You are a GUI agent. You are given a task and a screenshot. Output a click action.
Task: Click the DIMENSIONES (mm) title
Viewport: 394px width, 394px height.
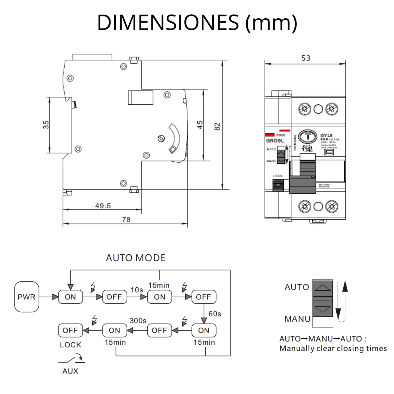coord(197,23)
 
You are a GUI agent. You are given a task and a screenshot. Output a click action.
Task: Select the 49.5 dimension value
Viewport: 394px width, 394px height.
coord(103,205)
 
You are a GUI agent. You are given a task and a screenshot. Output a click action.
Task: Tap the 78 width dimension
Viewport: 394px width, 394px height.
coord(126,219)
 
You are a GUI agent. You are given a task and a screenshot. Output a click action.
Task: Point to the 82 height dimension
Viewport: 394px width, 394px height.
coord(217,126)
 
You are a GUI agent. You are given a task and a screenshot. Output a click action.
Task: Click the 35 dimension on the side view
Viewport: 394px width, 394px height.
coord(46,125)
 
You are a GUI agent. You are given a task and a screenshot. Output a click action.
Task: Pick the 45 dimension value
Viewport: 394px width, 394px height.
coord(200,125)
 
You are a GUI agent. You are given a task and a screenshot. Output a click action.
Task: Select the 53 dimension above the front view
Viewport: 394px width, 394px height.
coord(306,58)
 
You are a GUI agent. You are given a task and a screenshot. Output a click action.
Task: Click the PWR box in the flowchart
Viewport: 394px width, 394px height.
coord(27,297)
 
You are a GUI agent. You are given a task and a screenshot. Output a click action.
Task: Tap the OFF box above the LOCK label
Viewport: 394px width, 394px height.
coord(70,331)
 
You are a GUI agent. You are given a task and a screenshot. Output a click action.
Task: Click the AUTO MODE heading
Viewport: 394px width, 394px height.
coord(135,258)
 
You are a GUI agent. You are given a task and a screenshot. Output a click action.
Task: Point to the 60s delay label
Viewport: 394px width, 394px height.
coord(215,313)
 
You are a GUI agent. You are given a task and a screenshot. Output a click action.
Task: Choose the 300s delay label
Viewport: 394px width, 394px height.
coord(138,321)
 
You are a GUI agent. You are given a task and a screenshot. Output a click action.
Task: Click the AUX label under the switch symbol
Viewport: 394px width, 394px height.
coord(70,371)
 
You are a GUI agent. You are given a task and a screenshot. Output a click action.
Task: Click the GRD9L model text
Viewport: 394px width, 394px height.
coord(273,140)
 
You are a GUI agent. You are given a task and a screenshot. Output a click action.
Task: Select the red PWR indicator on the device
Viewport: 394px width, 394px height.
coord(270,135)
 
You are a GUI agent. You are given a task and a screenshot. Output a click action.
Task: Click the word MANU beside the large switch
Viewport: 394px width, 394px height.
coord(297,319)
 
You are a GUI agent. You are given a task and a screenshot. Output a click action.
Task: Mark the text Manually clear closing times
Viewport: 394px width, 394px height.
coord(333,348)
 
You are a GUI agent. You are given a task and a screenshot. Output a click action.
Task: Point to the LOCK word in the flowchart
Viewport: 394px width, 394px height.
coord(70,345)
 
